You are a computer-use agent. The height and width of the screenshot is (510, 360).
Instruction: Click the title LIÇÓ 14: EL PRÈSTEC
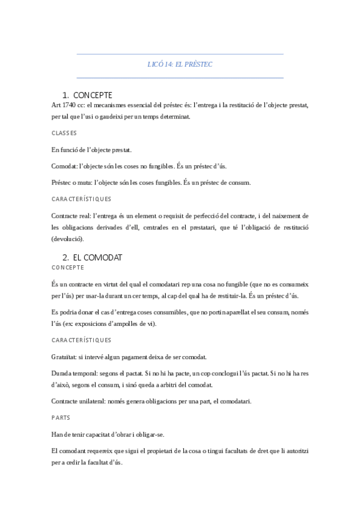[180, 64]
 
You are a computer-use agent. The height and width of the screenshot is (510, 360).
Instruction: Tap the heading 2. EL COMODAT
[93, 257]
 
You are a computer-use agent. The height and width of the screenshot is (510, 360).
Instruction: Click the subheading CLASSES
[64, 133]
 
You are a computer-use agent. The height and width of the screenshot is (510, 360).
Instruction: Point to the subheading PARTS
[61, 416]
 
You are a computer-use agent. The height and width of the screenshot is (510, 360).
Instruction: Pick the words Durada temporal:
[74, 373]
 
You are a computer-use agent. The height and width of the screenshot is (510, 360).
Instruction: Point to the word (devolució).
[67, 239]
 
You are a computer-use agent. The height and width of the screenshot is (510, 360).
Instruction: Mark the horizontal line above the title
[180, 54]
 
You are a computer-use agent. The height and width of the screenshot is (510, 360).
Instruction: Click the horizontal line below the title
[180, 78]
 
